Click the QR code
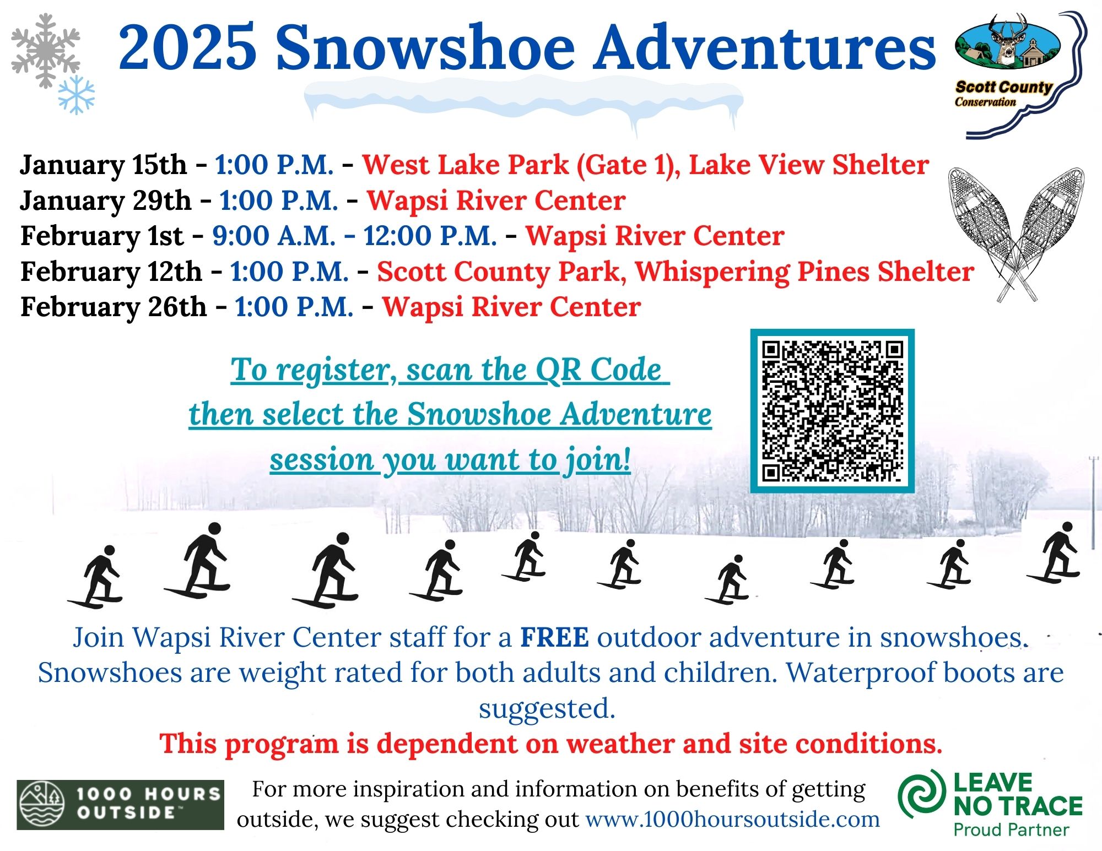pos(832,411)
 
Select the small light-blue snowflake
pos(77,95)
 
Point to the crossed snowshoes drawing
pos(1015,234)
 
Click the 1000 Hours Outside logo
pos(120,804)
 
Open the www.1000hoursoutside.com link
pos(732,819)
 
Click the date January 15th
pos(104,165)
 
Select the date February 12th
pos(111,272)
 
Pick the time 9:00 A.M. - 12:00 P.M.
pos(355,236)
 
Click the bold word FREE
pos(555,637)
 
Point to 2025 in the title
pos(187,47)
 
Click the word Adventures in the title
pos(766,47)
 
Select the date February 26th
pos(114,307)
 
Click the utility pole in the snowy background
pos(1093,501)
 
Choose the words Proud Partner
pos(1011,830)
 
